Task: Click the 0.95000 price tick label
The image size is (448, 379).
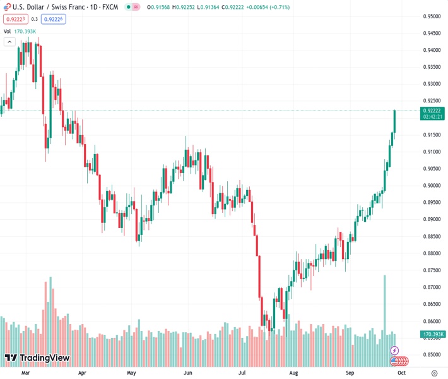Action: click(432, 16)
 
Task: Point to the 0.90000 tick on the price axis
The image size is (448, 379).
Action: click(432, 186)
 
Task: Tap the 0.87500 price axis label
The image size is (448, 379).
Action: click(432, 270)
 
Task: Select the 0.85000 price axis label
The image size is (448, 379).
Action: click(432, 355)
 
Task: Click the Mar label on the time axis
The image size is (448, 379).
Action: click(26, 373)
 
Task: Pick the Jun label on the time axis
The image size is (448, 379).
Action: click(187, 373)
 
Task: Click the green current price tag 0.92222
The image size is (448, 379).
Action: click(433, 111)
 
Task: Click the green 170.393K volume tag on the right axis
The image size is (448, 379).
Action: click(433, 334)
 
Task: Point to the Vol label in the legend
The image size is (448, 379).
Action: click(8, 30)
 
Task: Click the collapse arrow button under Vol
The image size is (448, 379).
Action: click(9, 42)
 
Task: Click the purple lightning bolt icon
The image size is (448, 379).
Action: click(395, 350)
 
